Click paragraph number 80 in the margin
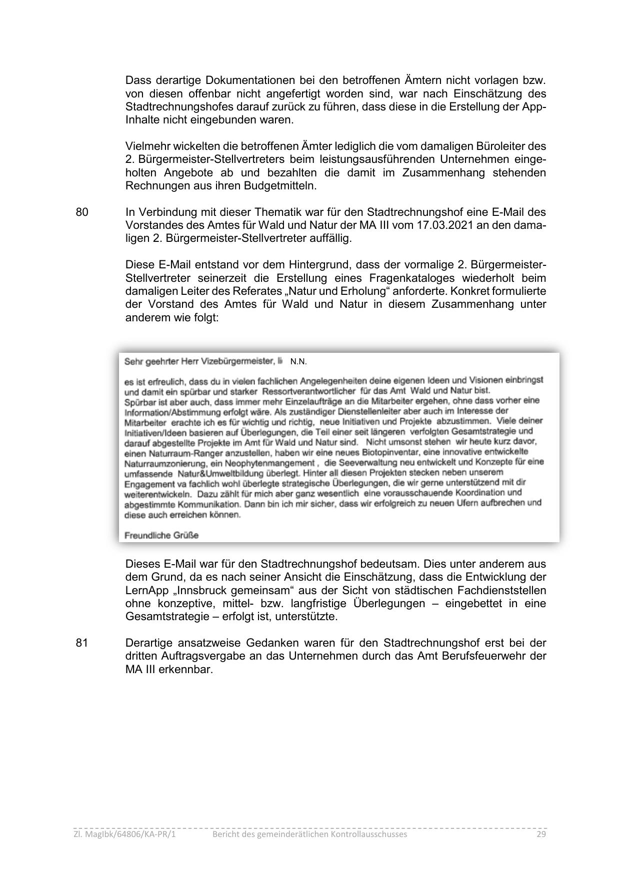coord(82,212)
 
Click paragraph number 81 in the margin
coord(82,643)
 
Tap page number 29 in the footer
coord(541,834)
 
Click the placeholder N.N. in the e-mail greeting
coord(298,362)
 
